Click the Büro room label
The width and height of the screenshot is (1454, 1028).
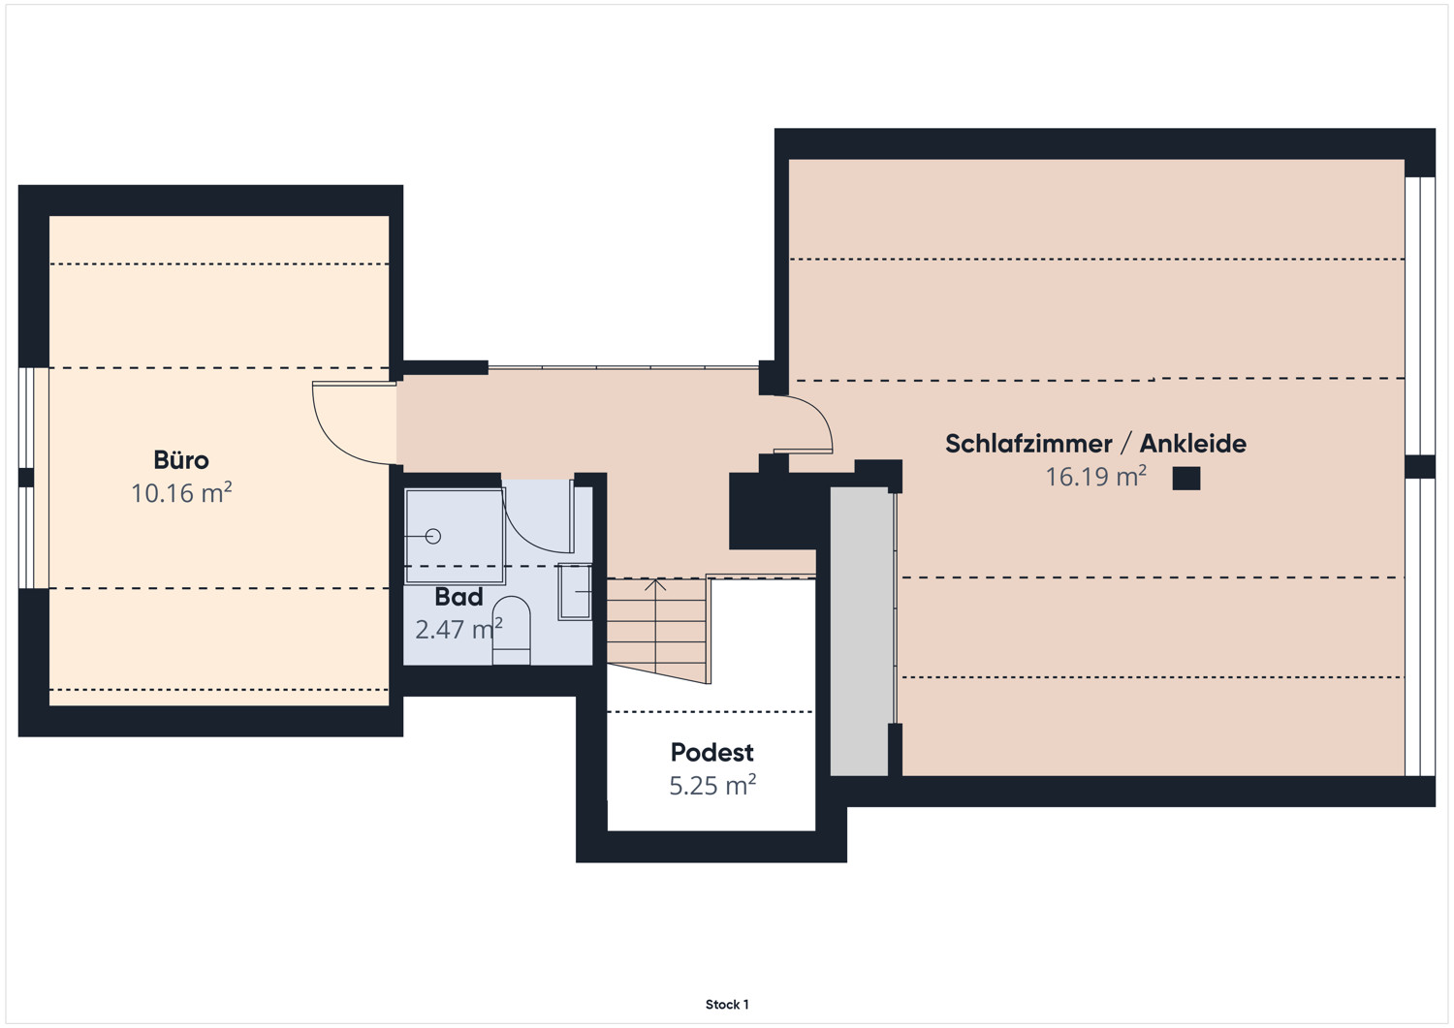[x=181, y=459]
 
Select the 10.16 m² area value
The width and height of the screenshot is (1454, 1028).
[x=182, y=492]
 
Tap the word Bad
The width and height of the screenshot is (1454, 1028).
[x=458, y=597]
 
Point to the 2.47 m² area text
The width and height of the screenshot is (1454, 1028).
[x=458, y=629]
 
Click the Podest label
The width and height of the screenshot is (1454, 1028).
[x=712, y=752]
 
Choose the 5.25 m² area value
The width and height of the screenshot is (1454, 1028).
[x=712, y=785]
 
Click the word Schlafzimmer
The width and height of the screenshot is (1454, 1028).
[x=1028, y=443]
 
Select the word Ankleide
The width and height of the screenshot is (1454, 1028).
[x=1193, y=443]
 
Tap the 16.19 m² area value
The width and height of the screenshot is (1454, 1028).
[x=1095, y=477]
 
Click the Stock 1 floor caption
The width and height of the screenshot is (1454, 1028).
[x=727, y=1004]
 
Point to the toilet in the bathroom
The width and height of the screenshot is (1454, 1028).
[x=512, y=630]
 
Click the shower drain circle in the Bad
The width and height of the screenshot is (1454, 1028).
[x=433, y=536]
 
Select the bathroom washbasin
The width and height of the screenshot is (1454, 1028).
[x=575, y=592]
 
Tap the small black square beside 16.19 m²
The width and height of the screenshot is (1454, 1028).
[x=1186, y=479]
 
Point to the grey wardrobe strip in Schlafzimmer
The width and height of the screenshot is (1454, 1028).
[x=860, y=631]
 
